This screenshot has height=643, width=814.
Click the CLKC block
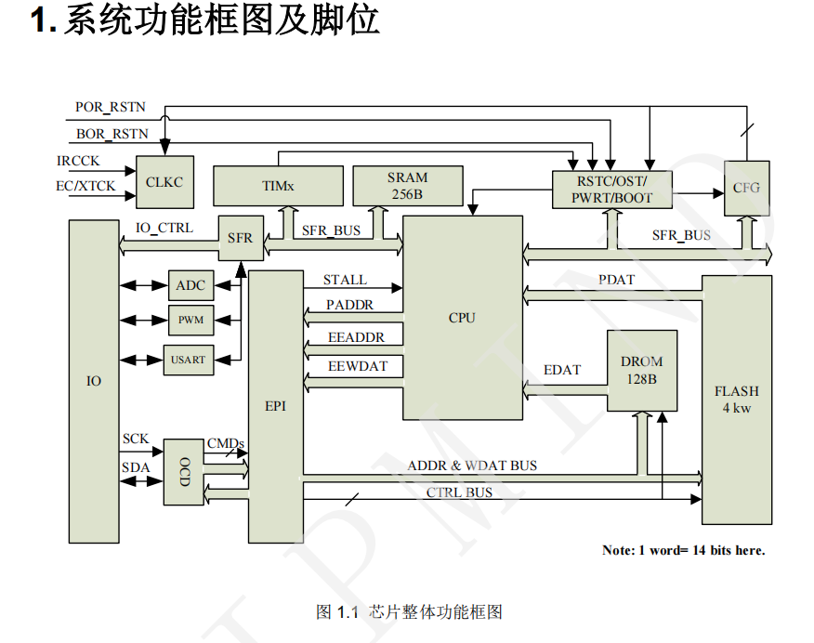pyautogui.click(x=164, y=182)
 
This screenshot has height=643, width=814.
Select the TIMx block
pyautogui.click(x=277, y=186)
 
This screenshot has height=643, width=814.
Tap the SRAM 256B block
pyautogui.click(x=407, y=186)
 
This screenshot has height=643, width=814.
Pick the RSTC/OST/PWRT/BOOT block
pyautogui.click(x=611, y=190)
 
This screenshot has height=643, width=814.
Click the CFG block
pyautogui.click(x=746, y=188)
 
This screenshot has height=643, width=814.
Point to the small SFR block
pyautogui.click(x=240, y=239)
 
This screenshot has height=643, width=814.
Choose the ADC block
pyautogui.click(x=190, y=285)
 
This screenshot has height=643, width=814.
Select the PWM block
pyautogui.click(x=190, y=321)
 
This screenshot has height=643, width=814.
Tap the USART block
pyautogui.click(x=188, y=360)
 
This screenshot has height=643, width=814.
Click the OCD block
pyautogui.click(x=184, y=472)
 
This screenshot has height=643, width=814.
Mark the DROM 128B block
pyautogui.click(x=642, y=370)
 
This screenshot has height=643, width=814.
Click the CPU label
pyautogui.click(x=462, y=318)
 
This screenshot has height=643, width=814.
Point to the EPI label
pyautogui.click(x=275, y=406)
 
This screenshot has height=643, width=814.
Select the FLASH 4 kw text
pyautogui.click(x=736, y=400)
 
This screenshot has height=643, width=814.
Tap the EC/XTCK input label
pyautogui.click(x=85, y=187)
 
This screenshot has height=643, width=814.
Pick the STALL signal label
pyautogui.click(x=345, y=280)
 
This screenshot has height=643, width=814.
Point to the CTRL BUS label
pyautogui.click(x=459, y=492)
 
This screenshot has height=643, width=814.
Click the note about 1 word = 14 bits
pyautogui.click(x=683, y=550)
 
